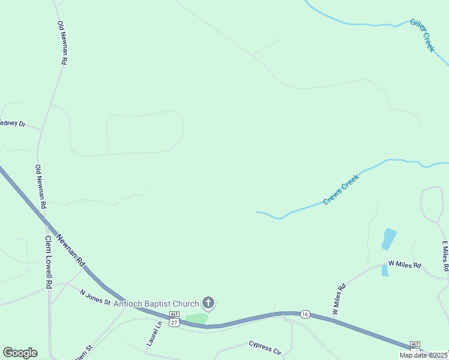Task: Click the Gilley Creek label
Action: point(422,35)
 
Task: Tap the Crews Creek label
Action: point(340,190)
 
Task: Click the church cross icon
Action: point(208,302)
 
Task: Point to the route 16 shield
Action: point(305,314)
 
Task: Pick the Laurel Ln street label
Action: point(155,334)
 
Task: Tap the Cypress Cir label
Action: point(265,347)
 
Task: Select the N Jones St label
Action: point(95,297)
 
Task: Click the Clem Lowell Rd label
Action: point(50,262)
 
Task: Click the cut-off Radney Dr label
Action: point(13,123)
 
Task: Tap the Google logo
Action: point(20,353)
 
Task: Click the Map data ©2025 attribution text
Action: point(423,355)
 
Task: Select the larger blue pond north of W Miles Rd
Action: point(389,239)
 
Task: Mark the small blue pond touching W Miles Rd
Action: point(385,271)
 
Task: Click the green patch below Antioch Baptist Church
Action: point(196,318)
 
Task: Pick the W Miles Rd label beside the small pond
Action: point(405,264)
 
